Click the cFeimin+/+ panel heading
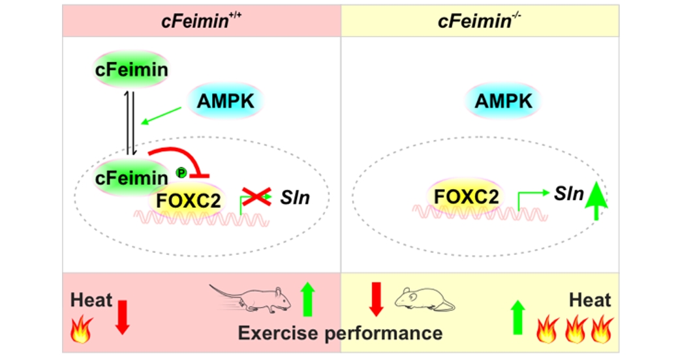click(202, 20)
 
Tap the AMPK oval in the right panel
click(503, 101)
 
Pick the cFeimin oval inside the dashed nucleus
click(131, 177)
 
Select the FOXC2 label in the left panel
click(187, 199)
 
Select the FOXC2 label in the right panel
click(465, 196)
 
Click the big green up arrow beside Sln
click(596, 200)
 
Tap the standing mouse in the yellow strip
click(425, 299)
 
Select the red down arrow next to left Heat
click(121, 314)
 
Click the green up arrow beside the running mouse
click(308, 299)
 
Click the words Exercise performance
click(340, 333)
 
